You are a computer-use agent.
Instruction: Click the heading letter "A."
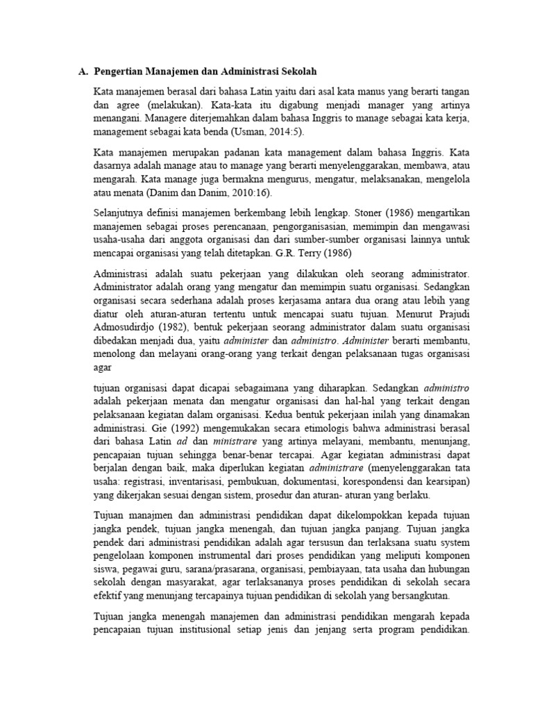click(x=83, y=72)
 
